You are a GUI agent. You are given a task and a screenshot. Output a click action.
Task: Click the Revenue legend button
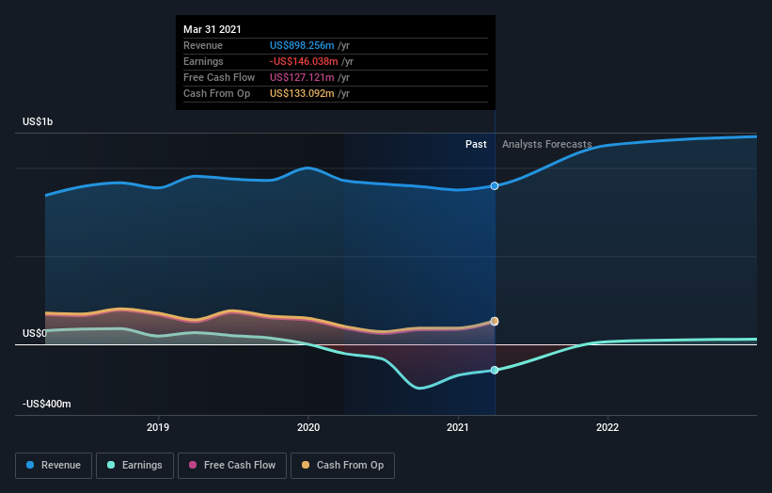pos(55,465)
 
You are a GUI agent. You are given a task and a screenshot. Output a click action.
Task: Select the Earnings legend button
pos(134,465)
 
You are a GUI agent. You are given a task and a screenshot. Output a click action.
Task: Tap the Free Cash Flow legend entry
pos(233,465)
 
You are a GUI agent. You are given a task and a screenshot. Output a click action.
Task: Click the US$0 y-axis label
pos(34,333)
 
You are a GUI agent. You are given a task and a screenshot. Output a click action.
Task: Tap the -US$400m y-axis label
pos(47,404)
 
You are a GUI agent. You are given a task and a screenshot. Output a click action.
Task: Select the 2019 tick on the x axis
pos(158,427)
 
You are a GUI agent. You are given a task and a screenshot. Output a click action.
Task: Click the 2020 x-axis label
pos(308,427)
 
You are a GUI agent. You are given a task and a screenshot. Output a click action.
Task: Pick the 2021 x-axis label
pos(458,427)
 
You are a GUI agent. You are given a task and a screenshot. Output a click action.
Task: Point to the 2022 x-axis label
pos(607,427)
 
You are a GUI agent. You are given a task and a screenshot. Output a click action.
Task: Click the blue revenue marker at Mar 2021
pos(495,186)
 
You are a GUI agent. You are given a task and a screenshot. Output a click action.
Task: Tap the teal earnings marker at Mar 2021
pos(495,370)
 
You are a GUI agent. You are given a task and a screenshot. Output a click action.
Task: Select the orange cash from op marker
pos(495,321)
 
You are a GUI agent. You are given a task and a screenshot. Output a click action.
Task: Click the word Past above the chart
pos(476,144)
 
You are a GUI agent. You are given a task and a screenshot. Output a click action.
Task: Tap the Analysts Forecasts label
pos(546,144)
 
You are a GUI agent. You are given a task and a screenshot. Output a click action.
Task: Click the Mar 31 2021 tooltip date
pos(213,29)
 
